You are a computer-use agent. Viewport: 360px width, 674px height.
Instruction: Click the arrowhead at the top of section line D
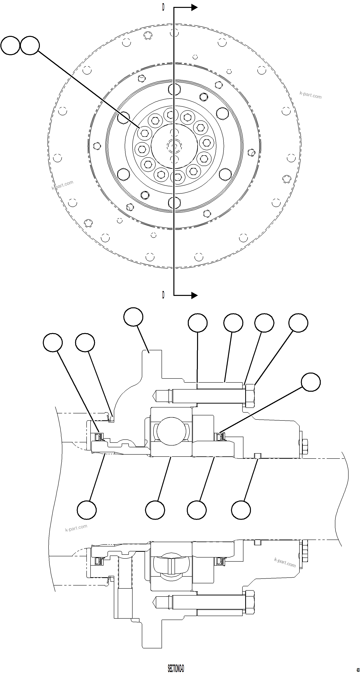pos(194,7)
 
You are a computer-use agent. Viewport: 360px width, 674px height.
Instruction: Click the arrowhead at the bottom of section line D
pos(194,295)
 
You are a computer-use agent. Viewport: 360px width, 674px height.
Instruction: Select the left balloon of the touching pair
pos(10,46)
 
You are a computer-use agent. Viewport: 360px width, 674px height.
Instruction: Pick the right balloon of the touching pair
pos(30,46)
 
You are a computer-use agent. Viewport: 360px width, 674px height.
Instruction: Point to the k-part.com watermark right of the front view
pos(310,95)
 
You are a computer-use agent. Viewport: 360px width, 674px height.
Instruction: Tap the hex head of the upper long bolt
pos(250,396)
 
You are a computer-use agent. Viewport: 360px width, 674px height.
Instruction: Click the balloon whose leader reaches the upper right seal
pos(311,382)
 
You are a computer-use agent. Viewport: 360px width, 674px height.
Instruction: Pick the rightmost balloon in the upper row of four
pos(298,323)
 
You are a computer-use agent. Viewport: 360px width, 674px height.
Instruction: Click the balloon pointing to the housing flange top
pos(133,317)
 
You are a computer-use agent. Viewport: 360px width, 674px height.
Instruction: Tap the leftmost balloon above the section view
pos(53,342)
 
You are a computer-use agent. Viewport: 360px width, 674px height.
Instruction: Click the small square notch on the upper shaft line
pos(258,456)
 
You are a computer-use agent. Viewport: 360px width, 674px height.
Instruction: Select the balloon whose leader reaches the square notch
pos(241,510)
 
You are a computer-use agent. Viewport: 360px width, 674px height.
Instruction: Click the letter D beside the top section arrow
pos(163,7)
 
